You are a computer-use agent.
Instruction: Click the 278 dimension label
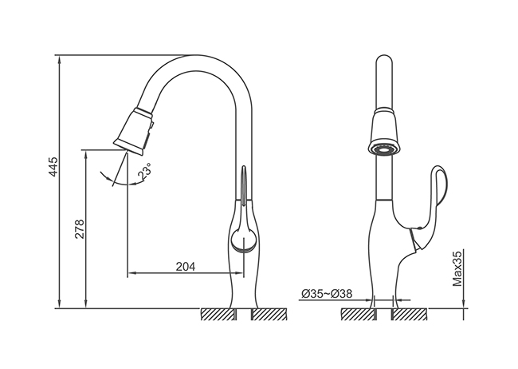(x=80, y=229)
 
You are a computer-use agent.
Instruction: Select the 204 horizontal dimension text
(x=186, y=266)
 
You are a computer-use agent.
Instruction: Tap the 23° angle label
(x=145, y=171)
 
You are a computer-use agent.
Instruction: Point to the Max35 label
(x=457, y=268)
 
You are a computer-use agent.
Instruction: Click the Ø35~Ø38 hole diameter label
(x=327, y=293)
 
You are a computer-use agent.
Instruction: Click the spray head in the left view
(x=134, y=131)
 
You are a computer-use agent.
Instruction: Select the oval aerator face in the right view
(x=384, y=150)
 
